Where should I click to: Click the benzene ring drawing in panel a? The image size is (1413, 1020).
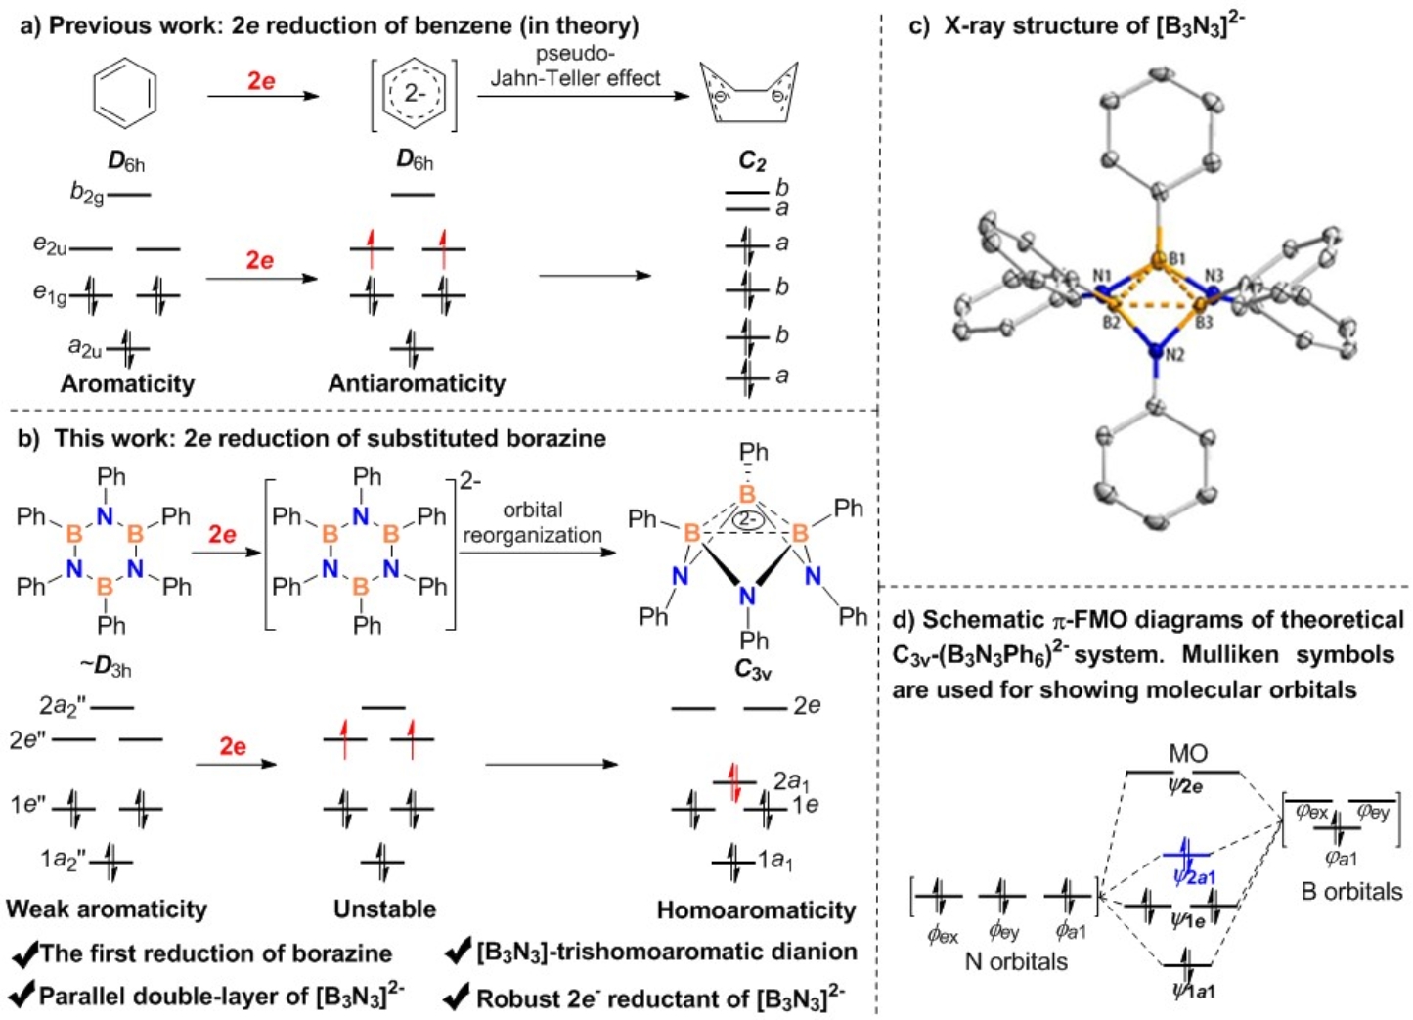(124, 94)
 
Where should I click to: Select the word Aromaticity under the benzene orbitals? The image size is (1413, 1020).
(127, 383)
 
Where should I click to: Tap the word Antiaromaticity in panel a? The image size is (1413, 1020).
(417, 383)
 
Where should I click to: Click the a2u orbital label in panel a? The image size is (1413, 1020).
(86, 346)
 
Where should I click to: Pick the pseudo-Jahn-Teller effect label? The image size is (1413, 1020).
(575, 67)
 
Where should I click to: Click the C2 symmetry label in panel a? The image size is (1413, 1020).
(752, 161)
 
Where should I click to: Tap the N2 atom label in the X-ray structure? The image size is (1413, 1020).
(1174, 355)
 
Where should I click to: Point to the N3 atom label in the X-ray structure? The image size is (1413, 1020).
(1214, 276)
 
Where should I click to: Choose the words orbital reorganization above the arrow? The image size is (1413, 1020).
(532, 522)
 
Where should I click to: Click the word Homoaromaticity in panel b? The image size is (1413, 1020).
(756, 910)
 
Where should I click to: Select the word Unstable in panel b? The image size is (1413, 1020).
(384, 909)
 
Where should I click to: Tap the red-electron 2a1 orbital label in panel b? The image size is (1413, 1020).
(790, 780)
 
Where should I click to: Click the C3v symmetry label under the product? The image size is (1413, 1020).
(753, 671)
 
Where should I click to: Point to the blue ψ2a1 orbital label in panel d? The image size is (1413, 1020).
(1194, 876)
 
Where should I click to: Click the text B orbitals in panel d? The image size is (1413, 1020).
(1351, 891)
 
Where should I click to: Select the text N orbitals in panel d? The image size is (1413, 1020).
(1016, 961)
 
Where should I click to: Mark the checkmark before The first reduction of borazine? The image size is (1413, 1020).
(24, 953)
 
